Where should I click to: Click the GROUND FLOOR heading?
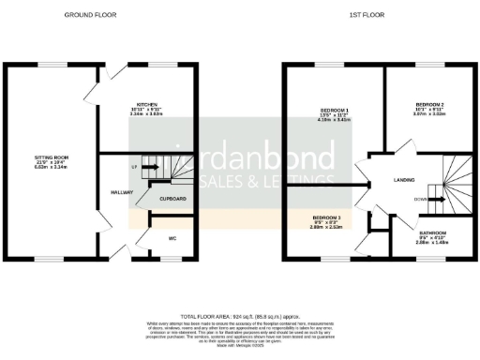click(x=84, y=15)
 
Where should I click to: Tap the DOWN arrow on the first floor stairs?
click(x=422, y=199)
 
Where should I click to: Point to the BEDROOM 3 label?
click(x=327, y=217)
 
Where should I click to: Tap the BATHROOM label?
click(x=432, y=232)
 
